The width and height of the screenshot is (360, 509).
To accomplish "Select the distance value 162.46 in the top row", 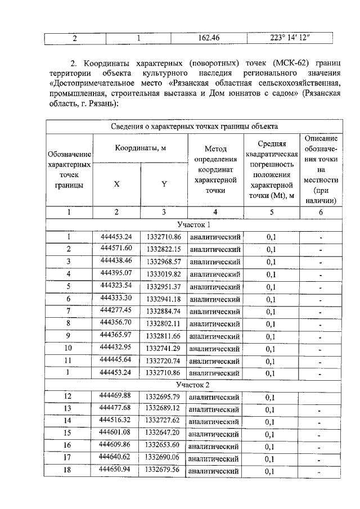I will (209, 38).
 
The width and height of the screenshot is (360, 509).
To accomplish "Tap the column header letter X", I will (116, 184).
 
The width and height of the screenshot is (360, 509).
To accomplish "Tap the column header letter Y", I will (164, 184).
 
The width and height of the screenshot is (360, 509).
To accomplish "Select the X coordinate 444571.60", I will (116, 248).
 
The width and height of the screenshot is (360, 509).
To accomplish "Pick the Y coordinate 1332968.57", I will (163, 261).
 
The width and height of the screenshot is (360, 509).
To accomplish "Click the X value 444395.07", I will (116, 273).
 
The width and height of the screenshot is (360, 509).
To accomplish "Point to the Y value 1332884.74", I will (163, 310).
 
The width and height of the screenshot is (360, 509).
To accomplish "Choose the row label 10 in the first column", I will (69, 348).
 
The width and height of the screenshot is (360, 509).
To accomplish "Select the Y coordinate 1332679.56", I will (163, 469).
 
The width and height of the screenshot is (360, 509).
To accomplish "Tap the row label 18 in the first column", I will (69, 470).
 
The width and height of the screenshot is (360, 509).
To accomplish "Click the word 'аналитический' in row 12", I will (215, 398).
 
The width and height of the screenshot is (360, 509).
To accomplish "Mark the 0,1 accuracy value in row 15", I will (271, 434).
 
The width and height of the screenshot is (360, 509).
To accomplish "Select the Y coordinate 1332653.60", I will (163, 444).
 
